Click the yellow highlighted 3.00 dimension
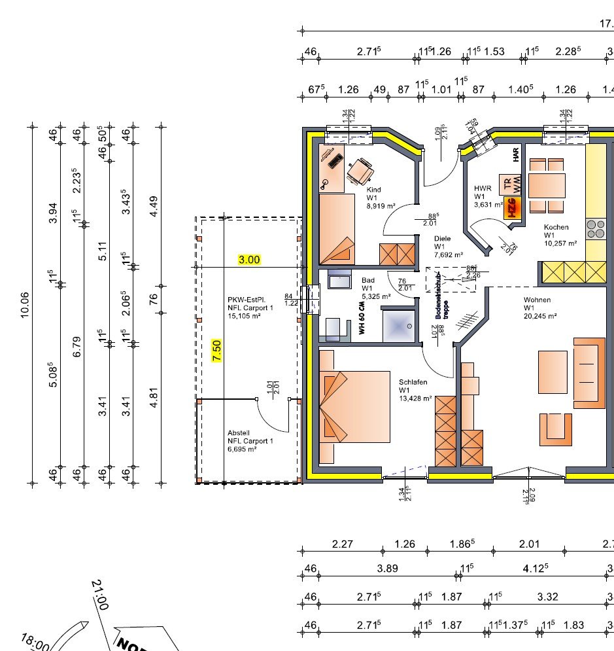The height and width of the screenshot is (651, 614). [x=248, y=259]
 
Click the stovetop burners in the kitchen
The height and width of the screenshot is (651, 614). [x=596, y=228]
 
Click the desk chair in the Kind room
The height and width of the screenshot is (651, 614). [x=360, y=172]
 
